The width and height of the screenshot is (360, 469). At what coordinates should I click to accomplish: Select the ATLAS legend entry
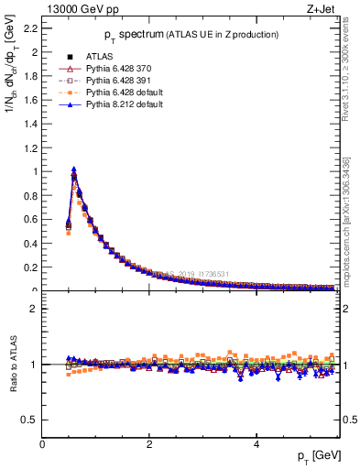tap(99, 57)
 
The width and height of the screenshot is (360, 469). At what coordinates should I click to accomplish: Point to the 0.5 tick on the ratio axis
tap(32, 420)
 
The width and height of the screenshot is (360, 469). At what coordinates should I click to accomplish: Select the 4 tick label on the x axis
tap(256, 444)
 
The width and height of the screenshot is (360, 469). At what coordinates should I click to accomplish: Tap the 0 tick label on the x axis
tap(43, 444)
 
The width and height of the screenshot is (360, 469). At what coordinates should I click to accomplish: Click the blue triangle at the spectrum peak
tap(74, 169)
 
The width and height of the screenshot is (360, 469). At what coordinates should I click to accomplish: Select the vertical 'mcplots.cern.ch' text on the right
tap(350, 229)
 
